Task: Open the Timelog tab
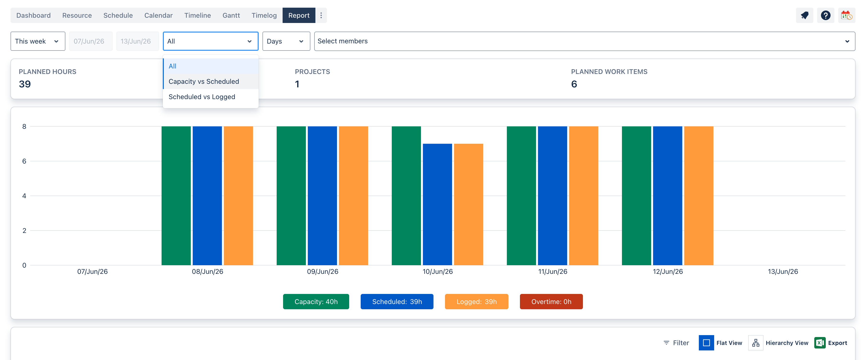pyautogui.click(x=264, y=16)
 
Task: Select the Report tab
pyautogui.click(x=299, y=16)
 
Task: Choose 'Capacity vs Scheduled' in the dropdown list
pyautogui.click(x=204, y=81)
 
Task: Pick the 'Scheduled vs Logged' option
pyautogui.click(x=202, y=97)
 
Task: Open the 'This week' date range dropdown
pyautogui.click(x=38, y=41)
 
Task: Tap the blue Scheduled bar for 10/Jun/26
pyautogui.click(x=437, y=204)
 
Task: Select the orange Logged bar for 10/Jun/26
pyautogui.click(x=469, y=204)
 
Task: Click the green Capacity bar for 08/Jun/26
pyautogui.click(x=176, y=196)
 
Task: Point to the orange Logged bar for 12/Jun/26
pyautogui.click(x=699, y=196)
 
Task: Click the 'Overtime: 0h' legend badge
pyautogui.click(x=551, y=302)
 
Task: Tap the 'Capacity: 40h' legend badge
pyautogui.click(x=316, y=302)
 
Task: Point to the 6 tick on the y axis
pyautogui.click(x=24, y=161)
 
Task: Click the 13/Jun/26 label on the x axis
pyautogui.click(x=783, y=272)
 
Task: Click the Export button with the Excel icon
pyautogui.click(x=831, y=343)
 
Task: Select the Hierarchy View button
pyautogui.click(x=779, y=343)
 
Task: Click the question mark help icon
pyautogui.click(x=825, y=16)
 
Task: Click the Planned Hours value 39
pyautogui.click(x=25, y=84)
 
